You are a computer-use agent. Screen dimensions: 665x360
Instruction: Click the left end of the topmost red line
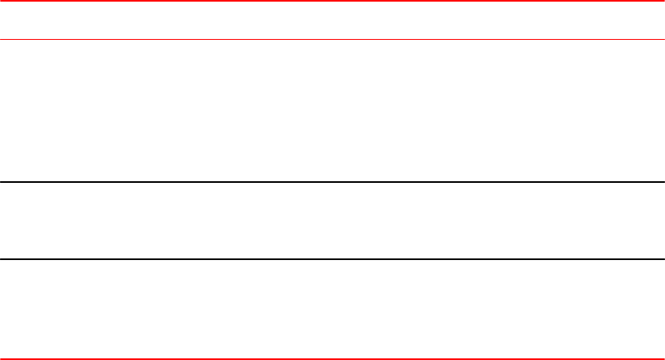pyautogui.click(x=1, y=1)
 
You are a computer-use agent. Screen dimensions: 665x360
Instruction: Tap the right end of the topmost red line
pyautogui.click(x=664, y=1)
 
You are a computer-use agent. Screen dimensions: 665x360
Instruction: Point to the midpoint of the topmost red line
pyautogui.click(x=332, y=1)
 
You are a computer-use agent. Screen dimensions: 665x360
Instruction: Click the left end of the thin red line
pyautogui.click(x=1, y=39)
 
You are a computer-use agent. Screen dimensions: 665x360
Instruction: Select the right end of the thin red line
pyautogui.click(x=664, y=39)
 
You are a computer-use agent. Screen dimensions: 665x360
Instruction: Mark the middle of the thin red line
pyautogui.click(x=332, y=39)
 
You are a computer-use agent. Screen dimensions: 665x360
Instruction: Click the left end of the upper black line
pyautogui.click(x=1, y=182)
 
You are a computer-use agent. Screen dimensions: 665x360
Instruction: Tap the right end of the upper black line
pyautogui.click(x=664, y=182)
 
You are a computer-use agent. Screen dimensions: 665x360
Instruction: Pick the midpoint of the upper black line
pyautogui.click(x=332, y=182)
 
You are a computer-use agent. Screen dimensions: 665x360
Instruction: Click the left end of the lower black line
pyautogui.click(x=1, y=259)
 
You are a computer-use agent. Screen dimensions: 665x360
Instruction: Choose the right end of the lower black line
pyautogui.click(x=664, y=259)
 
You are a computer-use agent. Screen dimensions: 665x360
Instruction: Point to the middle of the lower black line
pyautogui.click(x=332, y=259)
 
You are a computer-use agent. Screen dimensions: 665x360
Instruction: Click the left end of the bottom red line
pyautogui.click(x=1, y=358)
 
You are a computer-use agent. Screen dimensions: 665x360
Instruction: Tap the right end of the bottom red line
pyautogui.click(x=664, y=358)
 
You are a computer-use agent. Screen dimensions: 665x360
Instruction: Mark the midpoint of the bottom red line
pyautogui.click(x=332, y=358)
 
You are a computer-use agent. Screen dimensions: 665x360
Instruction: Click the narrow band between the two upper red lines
pyautogui.click(x=332, y=20)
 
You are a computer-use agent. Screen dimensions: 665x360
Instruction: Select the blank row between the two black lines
pyautogui.click(x=332, y=221)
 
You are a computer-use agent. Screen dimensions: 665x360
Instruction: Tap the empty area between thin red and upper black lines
pyautogui.click(x=332, y=111)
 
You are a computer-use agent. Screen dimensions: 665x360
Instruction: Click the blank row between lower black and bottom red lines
pyautogui.click(x=332, y=309)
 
